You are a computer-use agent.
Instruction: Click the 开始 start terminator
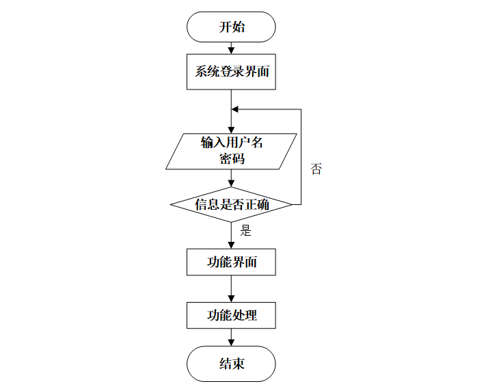[231, 27]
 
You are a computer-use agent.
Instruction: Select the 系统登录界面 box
[231, 72]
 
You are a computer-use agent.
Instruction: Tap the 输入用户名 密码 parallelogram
[231, 151]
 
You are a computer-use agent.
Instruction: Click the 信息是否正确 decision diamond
[231, 204]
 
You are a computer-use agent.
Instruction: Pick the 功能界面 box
[231, 262]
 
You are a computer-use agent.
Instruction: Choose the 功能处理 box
[231, 316]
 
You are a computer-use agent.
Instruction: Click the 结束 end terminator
[231, 363]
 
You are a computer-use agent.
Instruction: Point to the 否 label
[316, 169]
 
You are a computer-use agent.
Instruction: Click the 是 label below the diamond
[246, 231]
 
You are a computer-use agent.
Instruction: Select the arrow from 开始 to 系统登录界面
[231, 49]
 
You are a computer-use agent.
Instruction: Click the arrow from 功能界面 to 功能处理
[231, 289]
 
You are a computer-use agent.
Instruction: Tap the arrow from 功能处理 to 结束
[231, 337]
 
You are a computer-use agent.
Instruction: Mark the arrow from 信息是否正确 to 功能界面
[231, 236]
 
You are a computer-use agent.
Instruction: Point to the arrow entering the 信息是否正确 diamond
[231, 179]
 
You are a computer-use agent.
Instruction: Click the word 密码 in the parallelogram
[231, 159]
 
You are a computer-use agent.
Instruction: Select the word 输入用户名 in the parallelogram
[231, 143]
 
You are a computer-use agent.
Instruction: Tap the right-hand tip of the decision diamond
[292, 204]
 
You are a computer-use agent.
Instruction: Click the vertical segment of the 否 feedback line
[301, 156]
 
